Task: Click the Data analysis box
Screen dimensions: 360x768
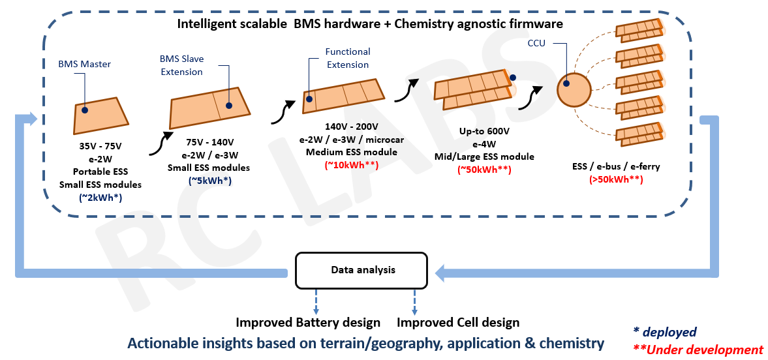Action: click(363, 270)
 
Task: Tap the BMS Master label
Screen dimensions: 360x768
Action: click(84, 64)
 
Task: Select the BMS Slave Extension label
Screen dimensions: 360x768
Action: click(181, 65)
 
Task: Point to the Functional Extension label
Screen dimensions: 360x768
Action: click(348, 58)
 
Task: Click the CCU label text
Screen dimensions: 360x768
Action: click(536, 43)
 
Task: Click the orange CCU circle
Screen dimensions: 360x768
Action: click(573, 90)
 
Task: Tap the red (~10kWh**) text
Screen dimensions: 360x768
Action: click(351, 165)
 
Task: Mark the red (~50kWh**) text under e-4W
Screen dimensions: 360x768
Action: click(484, 169)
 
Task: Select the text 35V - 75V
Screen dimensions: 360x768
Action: click(100, 148)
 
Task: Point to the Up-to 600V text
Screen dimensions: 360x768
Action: click(484, 131)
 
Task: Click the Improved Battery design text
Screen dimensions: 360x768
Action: click(308, 322)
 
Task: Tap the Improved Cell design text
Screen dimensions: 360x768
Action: click(458, 322)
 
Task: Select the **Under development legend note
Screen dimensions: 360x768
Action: click(698, 350)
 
